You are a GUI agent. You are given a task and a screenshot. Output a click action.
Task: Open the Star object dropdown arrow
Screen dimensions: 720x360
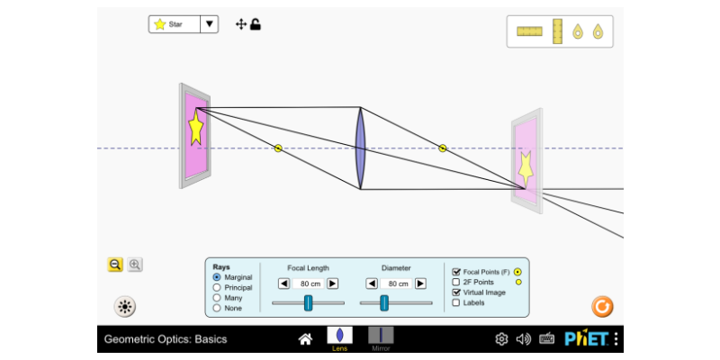tap(210, 24)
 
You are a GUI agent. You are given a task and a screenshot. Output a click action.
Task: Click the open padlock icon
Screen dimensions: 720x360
tap(256, 24)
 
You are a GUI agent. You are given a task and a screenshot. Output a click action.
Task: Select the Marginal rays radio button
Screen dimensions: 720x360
tap(217, 277)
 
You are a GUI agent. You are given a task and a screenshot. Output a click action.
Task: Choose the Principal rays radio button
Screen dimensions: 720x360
tap(217, 288)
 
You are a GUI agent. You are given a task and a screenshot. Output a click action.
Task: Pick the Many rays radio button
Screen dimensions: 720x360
tap(217, 298)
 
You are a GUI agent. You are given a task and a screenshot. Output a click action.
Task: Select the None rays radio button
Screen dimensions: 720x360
tap(217, 308)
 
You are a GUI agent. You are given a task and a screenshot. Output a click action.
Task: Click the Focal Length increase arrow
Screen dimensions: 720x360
tap(332, 283)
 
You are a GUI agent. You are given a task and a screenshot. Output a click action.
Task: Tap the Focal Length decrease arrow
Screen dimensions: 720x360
tap(283, 283)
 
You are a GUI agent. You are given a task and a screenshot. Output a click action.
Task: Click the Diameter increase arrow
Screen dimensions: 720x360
tap(420, 283)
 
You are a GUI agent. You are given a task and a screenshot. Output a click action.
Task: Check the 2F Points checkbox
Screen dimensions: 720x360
tap(456, 282)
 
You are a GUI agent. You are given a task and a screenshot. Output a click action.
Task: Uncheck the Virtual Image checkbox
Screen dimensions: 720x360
tap(456, 292)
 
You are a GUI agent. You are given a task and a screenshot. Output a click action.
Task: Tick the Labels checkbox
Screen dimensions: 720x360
tap(456, 302)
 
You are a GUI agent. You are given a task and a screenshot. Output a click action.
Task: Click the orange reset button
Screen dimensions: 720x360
tap(602, 307)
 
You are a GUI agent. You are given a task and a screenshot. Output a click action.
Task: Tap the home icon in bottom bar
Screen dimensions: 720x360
tap(305, 339)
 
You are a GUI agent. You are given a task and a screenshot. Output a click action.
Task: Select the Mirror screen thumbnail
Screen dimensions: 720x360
tap(381, 335)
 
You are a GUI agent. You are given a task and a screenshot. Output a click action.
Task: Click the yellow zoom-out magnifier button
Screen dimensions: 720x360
tap(115, 265)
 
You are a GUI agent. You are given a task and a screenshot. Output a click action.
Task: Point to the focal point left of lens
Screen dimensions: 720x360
tap(278, 148)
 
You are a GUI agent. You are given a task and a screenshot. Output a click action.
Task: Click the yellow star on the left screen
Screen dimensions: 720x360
tap(195, 128)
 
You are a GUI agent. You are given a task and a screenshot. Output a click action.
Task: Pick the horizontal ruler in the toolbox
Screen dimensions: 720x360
tap(529, 31)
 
